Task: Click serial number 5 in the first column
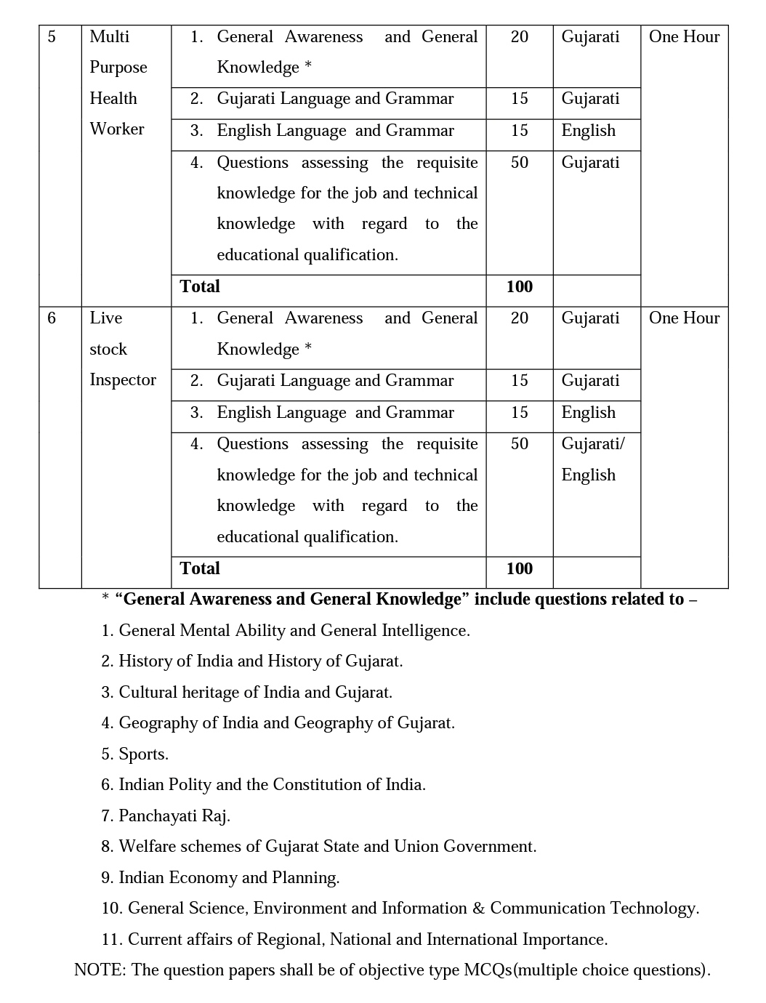click(52, 37)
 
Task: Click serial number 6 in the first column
click(52, 318)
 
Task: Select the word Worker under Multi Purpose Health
click(117, 129)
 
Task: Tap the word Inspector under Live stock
click(123, 380)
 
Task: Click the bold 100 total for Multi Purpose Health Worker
click(519, 287)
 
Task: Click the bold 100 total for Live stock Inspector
click(519, 568)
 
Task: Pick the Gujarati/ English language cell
click(592, 459)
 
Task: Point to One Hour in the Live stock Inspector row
click(684, 318)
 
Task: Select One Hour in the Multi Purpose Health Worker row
click(684, 37)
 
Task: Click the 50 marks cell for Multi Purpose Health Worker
click(519, 163)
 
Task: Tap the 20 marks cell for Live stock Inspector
click(519, 318)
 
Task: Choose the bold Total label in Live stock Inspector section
click(200, 568)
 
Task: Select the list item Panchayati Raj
click(174, 816)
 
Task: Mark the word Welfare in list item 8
click(146, 847)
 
